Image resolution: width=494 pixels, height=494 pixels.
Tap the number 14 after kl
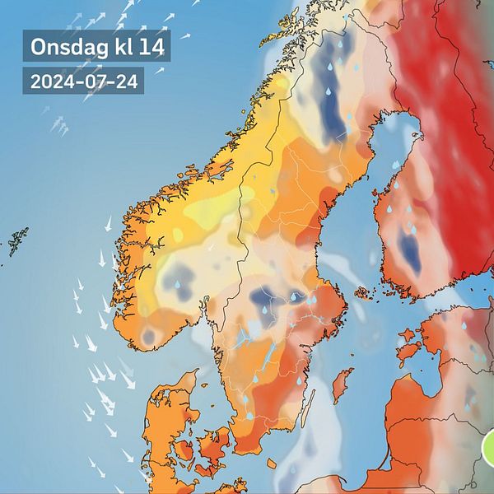151,47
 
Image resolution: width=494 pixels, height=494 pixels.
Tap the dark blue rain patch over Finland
409,250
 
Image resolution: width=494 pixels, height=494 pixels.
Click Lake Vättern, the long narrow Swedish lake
268,354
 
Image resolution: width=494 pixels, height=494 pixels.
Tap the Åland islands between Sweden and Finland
362,292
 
